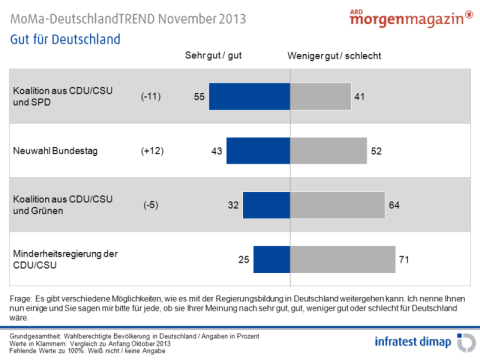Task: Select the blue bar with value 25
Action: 269,259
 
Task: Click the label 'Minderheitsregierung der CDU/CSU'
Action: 59,259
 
